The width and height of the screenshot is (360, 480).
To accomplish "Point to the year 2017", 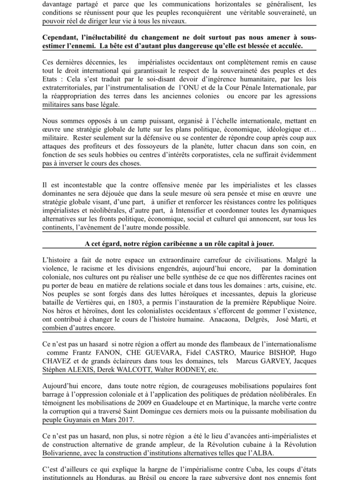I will coord(124,420).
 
